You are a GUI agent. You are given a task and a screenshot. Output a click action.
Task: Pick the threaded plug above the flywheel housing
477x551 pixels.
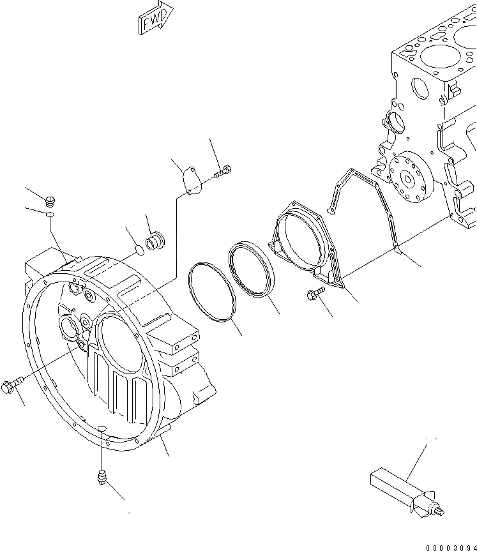point(50,202)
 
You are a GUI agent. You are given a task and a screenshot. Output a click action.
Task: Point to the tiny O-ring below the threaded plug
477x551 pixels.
point(49,218)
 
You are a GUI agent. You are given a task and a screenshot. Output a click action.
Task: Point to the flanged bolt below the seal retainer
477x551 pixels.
point(314,294)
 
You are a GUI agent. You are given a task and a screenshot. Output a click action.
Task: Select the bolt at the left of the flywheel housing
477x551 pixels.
point(12,385)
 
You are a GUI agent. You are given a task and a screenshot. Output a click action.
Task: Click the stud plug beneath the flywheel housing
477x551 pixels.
point(100,478)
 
